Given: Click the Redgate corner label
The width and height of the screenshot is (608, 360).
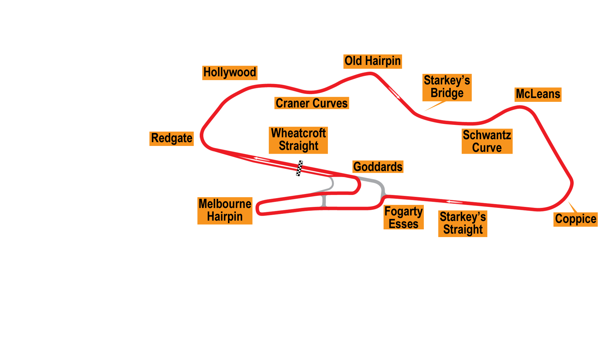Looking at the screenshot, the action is click(172, 138).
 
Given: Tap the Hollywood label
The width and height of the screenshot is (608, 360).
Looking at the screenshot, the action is click(230, 73).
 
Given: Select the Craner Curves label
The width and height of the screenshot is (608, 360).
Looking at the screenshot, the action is click(312, 103).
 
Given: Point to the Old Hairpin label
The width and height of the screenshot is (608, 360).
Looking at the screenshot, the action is click(373, 61).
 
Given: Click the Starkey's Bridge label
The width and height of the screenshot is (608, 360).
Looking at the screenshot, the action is click(447, 87).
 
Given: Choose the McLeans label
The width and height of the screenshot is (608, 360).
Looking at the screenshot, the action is click(538, 94).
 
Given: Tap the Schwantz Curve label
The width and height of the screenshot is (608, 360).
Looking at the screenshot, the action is click(487, 141).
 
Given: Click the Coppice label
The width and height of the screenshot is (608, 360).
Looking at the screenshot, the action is click(576, 219).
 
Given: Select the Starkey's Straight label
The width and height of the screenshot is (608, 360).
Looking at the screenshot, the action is click(463, 223).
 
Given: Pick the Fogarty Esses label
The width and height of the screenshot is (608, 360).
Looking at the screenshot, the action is click(403, 217).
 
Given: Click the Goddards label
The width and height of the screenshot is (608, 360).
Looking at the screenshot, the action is click(378, 167).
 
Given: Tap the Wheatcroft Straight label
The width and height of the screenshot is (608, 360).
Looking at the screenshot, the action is click(298, 140).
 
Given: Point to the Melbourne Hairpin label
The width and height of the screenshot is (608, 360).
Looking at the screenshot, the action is click(225, 210).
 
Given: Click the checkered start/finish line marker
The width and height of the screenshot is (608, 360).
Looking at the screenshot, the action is click(299, 168).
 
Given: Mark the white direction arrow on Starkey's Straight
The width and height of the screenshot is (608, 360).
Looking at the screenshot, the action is click(454, 202).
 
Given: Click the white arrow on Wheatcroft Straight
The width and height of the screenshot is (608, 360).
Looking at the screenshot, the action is click(262, 159).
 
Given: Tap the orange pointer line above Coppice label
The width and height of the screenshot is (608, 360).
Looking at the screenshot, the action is click(572, 207).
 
